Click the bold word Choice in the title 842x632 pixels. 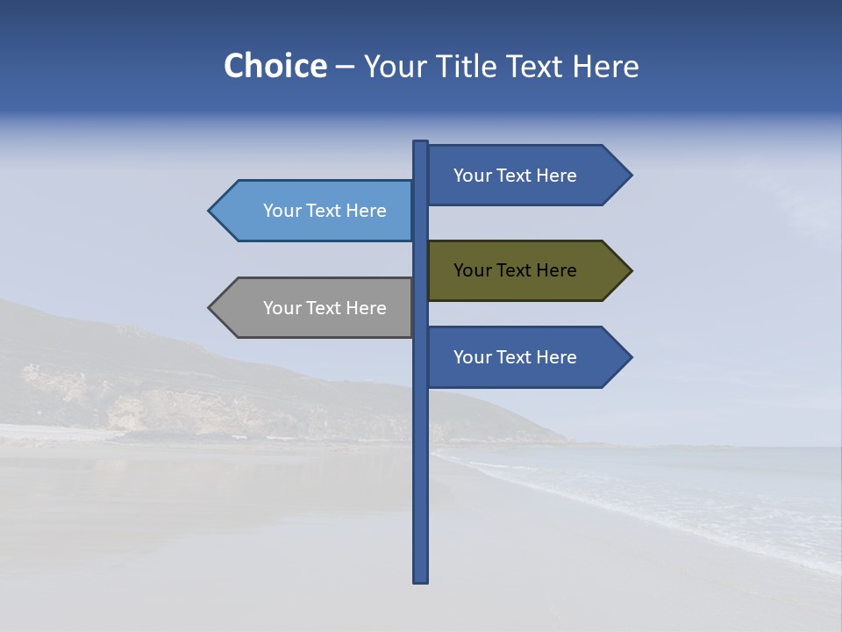click(x=275, y=67)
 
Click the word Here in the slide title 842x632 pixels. click(x=606, y=67)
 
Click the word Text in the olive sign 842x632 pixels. click(x=515, y=270)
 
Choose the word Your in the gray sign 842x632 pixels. click(x=282, y=308)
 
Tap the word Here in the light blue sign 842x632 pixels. click(x=366, y=211)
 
